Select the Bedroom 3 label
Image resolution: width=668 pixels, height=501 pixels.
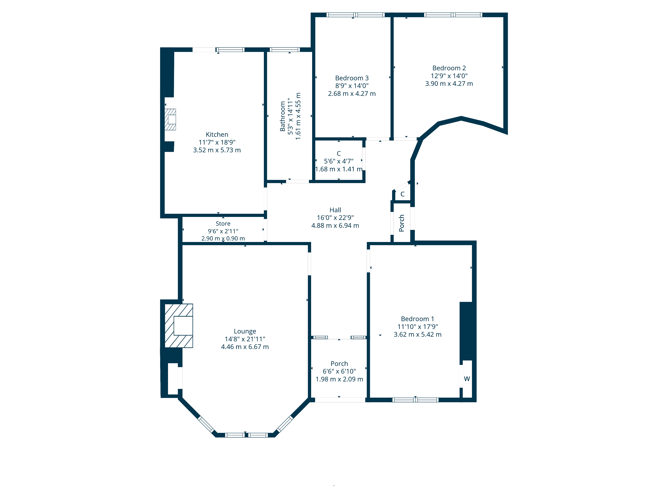coord(352,78)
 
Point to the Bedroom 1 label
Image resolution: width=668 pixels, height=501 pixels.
coord(417,319)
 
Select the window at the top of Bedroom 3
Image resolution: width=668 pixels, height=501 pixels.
coord(355,15)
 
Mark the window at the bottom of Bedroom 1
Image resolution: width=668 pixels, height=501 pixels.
coord(415,400)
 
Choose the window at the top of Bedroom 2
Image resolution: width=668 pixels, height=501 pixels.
coord(453,15)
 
